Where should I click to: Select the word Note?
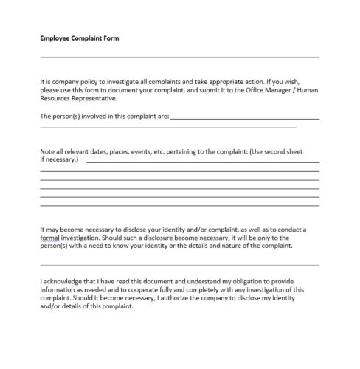coord(47,151)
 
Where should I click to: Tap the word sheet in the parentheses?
coord(309,151)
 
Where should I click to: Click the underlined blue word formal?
coord(50,239)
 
